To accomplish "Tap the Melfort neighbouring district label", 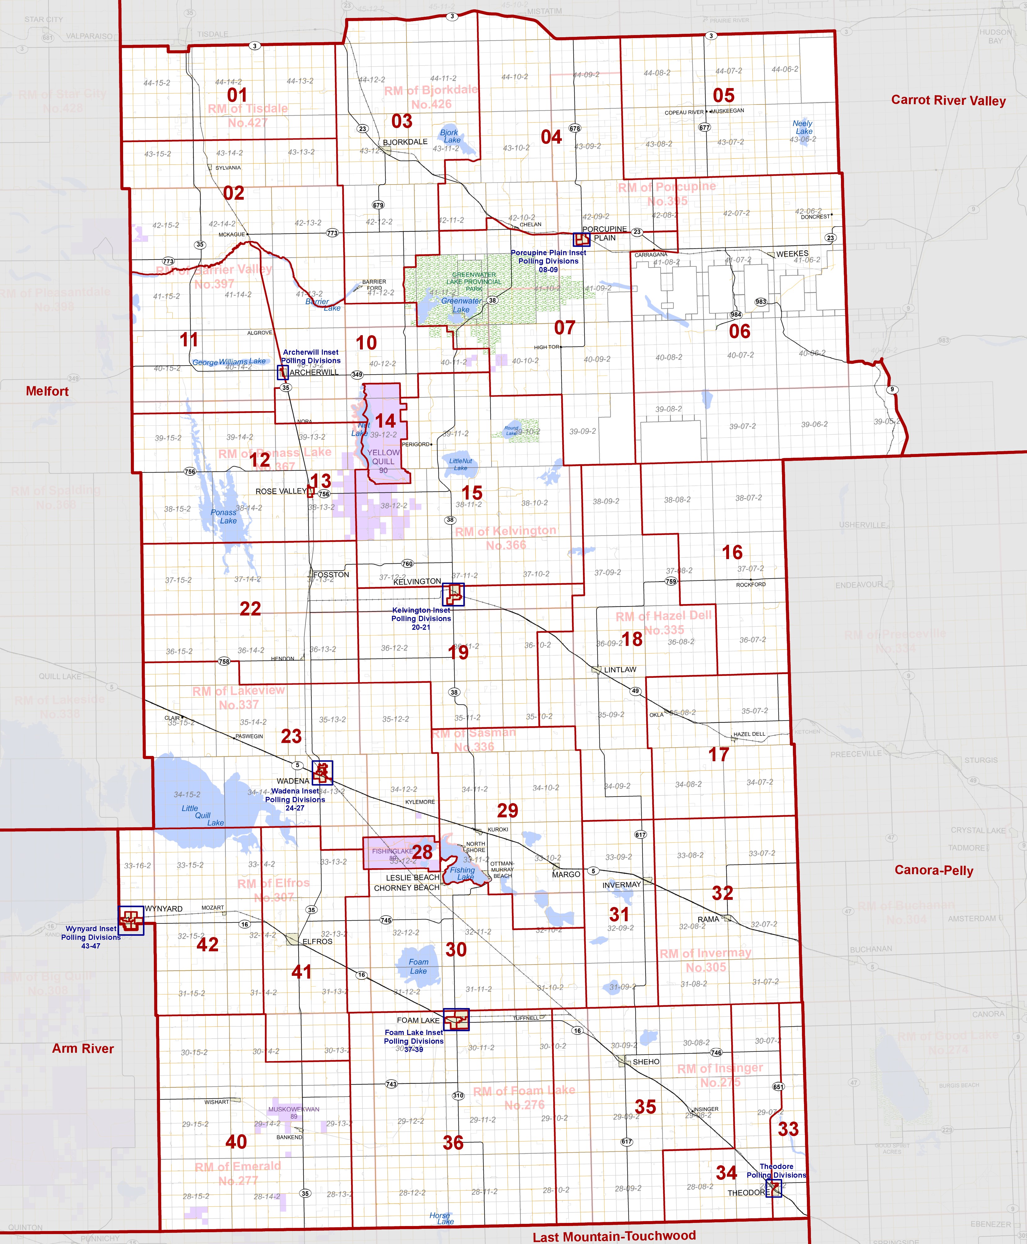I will point(47,391).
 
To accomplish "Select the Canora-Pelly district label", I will point(934,870).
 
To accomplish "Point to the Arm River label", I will point(83,1049).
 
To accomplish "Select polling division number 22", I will point(250,609).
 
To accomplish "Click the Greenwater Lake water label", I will point(461,305).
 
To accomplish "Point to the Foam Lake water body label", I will point(418,966).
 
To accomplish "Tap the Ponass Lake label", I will point(224,516).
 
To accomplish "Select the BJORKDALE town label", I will point(405,142).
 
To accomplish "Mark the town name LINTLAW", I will point(620,670).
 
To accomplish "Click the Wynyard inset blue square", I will point(131,920).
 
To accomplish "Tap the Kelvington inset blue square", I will point(453,594).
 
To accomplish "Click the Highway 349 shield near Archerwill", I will point(357,375).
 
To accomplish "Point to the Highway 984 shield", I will point(736,315).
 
